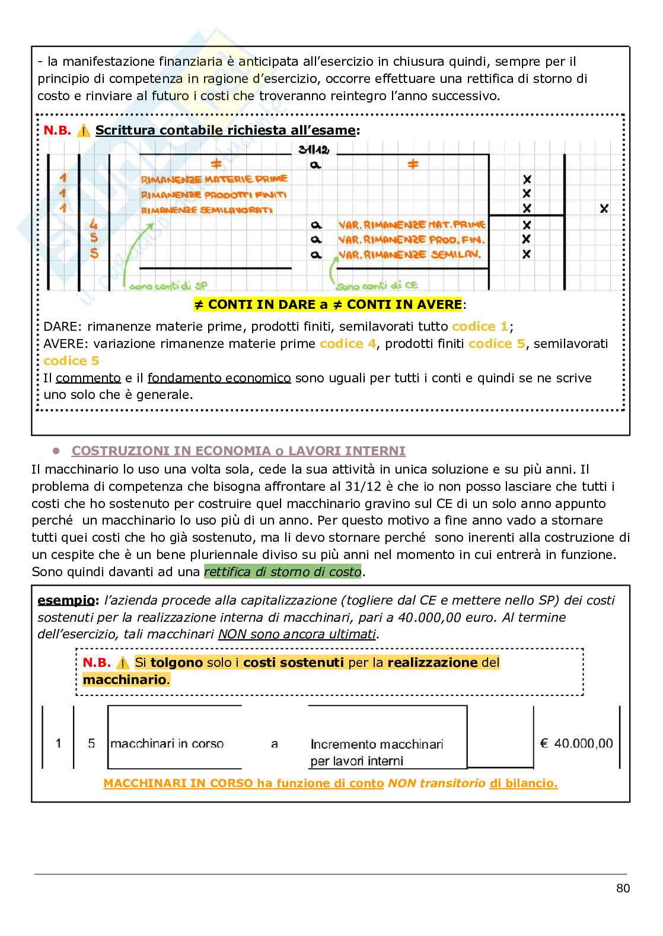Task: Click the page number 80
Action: [x=623, y=888]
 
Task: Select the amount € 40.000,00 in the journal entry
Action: [x=576, y=743]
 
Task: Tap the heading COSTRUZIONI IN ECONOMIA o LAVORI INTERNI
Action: [x=238, y=451]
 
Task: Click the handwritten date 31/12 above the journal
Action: [x=314, y=149]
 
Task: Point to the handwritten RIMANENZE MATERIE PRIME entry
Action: [x=214, y=179]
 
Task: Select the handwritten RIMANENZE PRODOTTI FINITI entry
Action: [x=213, y=194]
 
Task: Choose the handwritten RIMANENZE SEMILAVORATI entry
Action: [x=206, y=210]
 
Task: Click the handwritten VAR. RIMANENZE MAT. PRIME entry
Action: [x=412, y=225]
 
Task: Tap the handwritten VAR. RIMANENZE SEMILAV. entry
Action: [x=409, y=255]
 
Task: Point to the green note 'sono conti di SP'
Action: [x=168, y=286]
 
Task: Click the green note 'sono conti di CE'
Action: [x=377, y=286]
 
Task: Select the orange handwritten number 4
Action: [x=93, y=225]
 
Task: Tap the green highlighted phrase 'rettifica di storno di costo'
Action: [x=283, y=572]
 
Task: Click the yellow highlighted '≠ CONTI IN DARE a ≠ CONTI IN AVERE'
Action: [x=327, y=305]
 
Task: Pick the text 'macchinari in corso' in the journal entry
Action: [x=167, y=743]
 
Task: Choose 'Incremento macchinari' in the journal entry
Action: [x=377, y=744]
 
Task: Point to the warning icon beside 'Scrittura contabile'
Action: [x=84, y=131]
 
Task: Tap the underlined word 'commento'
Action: [x=88, y=378]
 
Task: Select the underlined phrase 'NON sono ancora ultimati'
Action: [x=297, y=634]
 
